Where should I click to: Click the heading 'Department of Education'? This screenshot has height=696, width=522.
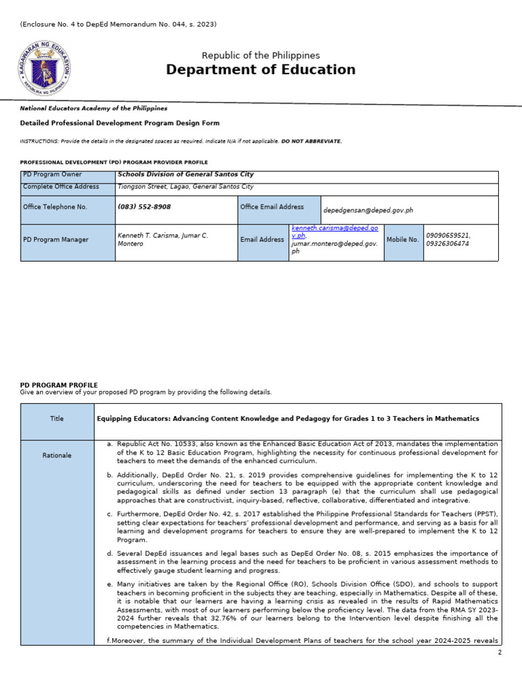click(x=260, y=70)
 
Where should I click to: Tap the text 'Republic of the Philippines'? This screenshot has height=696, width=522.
click(x=260, y=55)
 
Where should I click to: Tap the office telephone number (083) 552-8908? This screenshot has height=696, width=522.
click(x=144, y=207)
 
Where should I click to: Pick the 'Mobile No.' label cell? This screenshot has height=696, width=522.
click(x=403, y=240)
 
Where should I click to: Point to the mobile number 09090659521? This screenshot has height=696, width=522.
click(x=448, y=235)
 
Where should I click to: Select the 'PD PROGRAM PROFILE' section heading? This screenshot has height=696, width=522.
click(x=59, y=385)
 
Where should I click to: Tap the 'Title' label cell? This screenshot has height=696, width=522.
click(x=57, y=419)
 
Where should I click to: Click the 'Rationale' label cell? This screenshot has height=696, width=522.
click(x=57, y=455)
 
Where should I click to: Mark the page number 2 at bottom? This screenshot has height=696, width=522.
click(x=500, y=652)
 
